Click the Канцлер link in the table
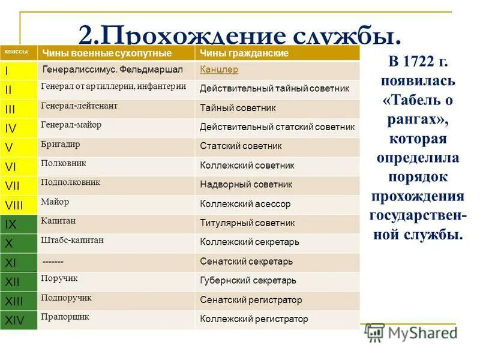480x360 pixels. (219, 70)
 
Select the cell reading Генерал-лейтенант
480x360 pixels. (79, 106)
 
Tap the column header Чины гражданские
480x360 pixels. (244, 53)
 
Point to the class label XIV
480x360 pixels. (15, 320)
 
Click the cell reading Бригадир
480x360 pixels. (61, 145)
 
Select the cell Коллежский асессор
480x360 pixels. (245, 204)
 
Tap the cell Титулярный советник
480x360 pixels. (247, 223)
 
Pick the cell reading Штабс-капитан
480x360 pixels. (73, 240)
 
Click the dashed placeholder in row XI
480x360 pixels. (53, 262)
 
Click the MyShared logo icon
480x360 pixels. (374, 332)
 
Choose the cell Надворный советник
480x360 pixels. (246, 184)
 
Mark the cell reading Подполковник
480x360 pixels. (70, 182)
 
